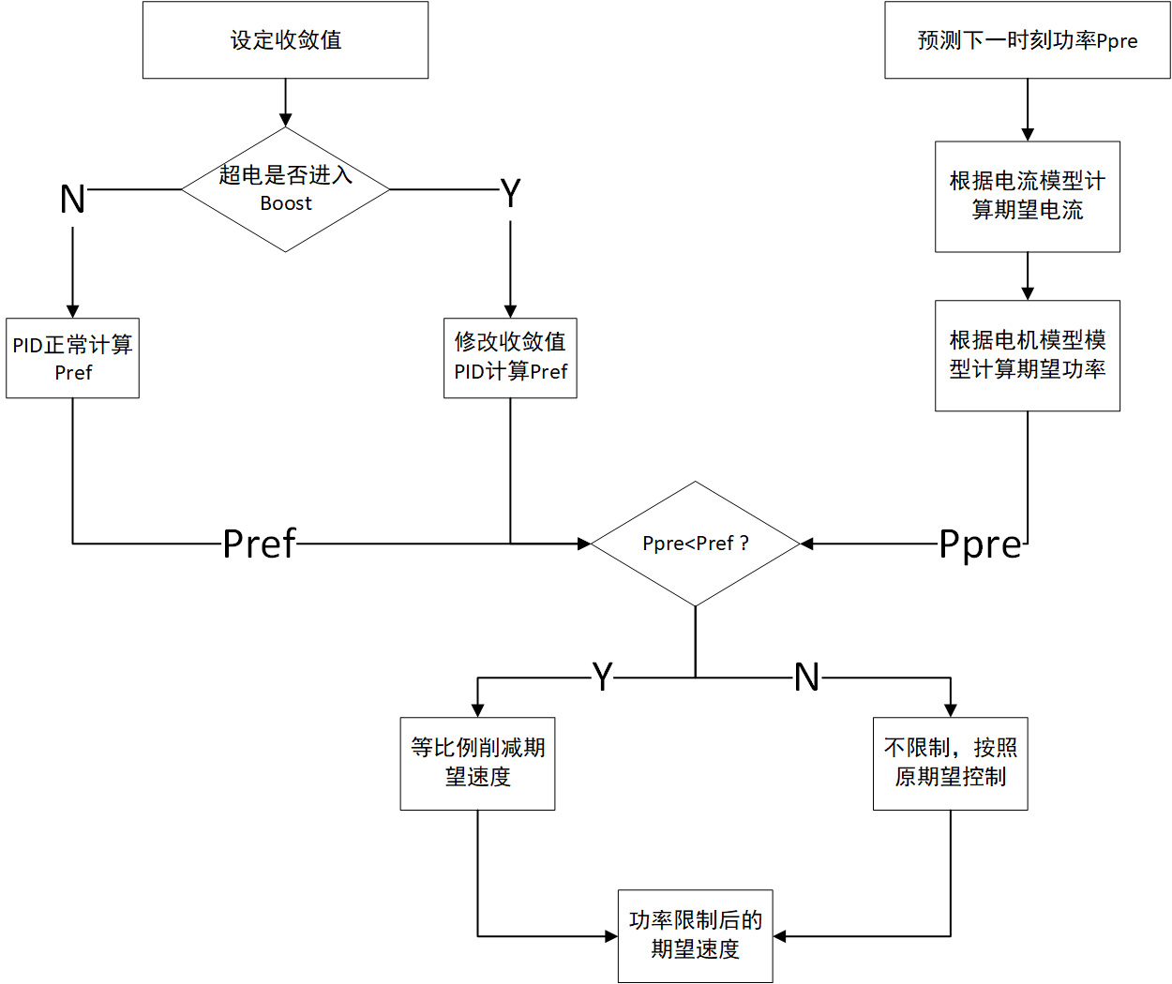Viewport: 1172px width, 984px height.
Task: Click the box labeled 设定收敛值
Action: (x=285, y=39)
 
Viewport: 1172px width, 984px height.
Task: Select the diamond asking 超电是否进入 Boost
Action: (x=285, y=189)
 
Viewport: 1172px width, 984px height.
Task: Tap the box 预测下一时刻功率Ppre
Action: (x=1027, y=39)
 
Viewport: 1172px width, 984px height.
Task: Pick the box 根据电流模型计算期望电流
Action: (x=1027, y=196)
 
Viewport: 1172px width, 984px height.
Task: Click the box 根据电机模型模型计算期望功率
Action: (x=1027, y=355)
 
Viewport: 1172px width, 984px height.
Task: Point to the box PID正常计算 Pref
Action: (x=72, y=358)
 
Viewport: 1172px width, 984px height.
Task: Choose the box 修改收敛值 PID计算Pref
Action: (x=510, y=358)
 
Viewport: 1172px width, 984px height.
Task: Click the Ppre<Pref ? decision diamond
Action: (x=695, y=544)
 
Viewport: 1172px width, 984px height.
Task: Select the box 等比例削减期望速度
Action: (x=477, y=763)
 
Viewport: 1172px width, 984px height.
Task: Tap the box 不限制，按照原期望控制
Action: (x=950, y=763)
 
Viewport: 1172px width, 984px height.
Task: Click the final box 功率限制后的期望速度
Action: (x=695, y=935)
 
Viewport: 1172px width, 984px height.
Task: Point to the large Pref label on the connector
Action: (x=259, y=544)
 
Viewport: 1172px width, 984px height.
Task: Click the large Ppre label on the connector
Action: (x=980, y=544)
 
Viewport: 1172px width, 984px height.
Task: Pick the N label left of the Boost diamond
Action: (x=72, y=199)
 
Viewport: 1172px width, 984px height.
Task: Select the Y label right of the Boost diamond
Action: (x=510, y=194)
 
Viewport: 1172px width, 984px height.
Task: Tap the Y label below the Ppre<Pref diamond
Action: (x=602, y=677)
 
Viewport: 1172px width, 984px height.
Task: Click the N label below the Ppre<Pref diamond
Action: (x=806, y=677)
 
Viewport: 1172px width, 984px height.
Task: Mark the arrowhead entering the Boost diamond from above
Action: (x=285, y=121)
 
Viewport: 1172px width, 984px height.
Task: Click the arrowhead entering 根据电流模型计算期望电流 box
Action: (x=1028, y=135)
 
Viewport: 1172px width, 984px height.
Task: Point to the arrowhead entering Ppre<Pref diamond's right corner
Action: (x=806, y=544)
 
